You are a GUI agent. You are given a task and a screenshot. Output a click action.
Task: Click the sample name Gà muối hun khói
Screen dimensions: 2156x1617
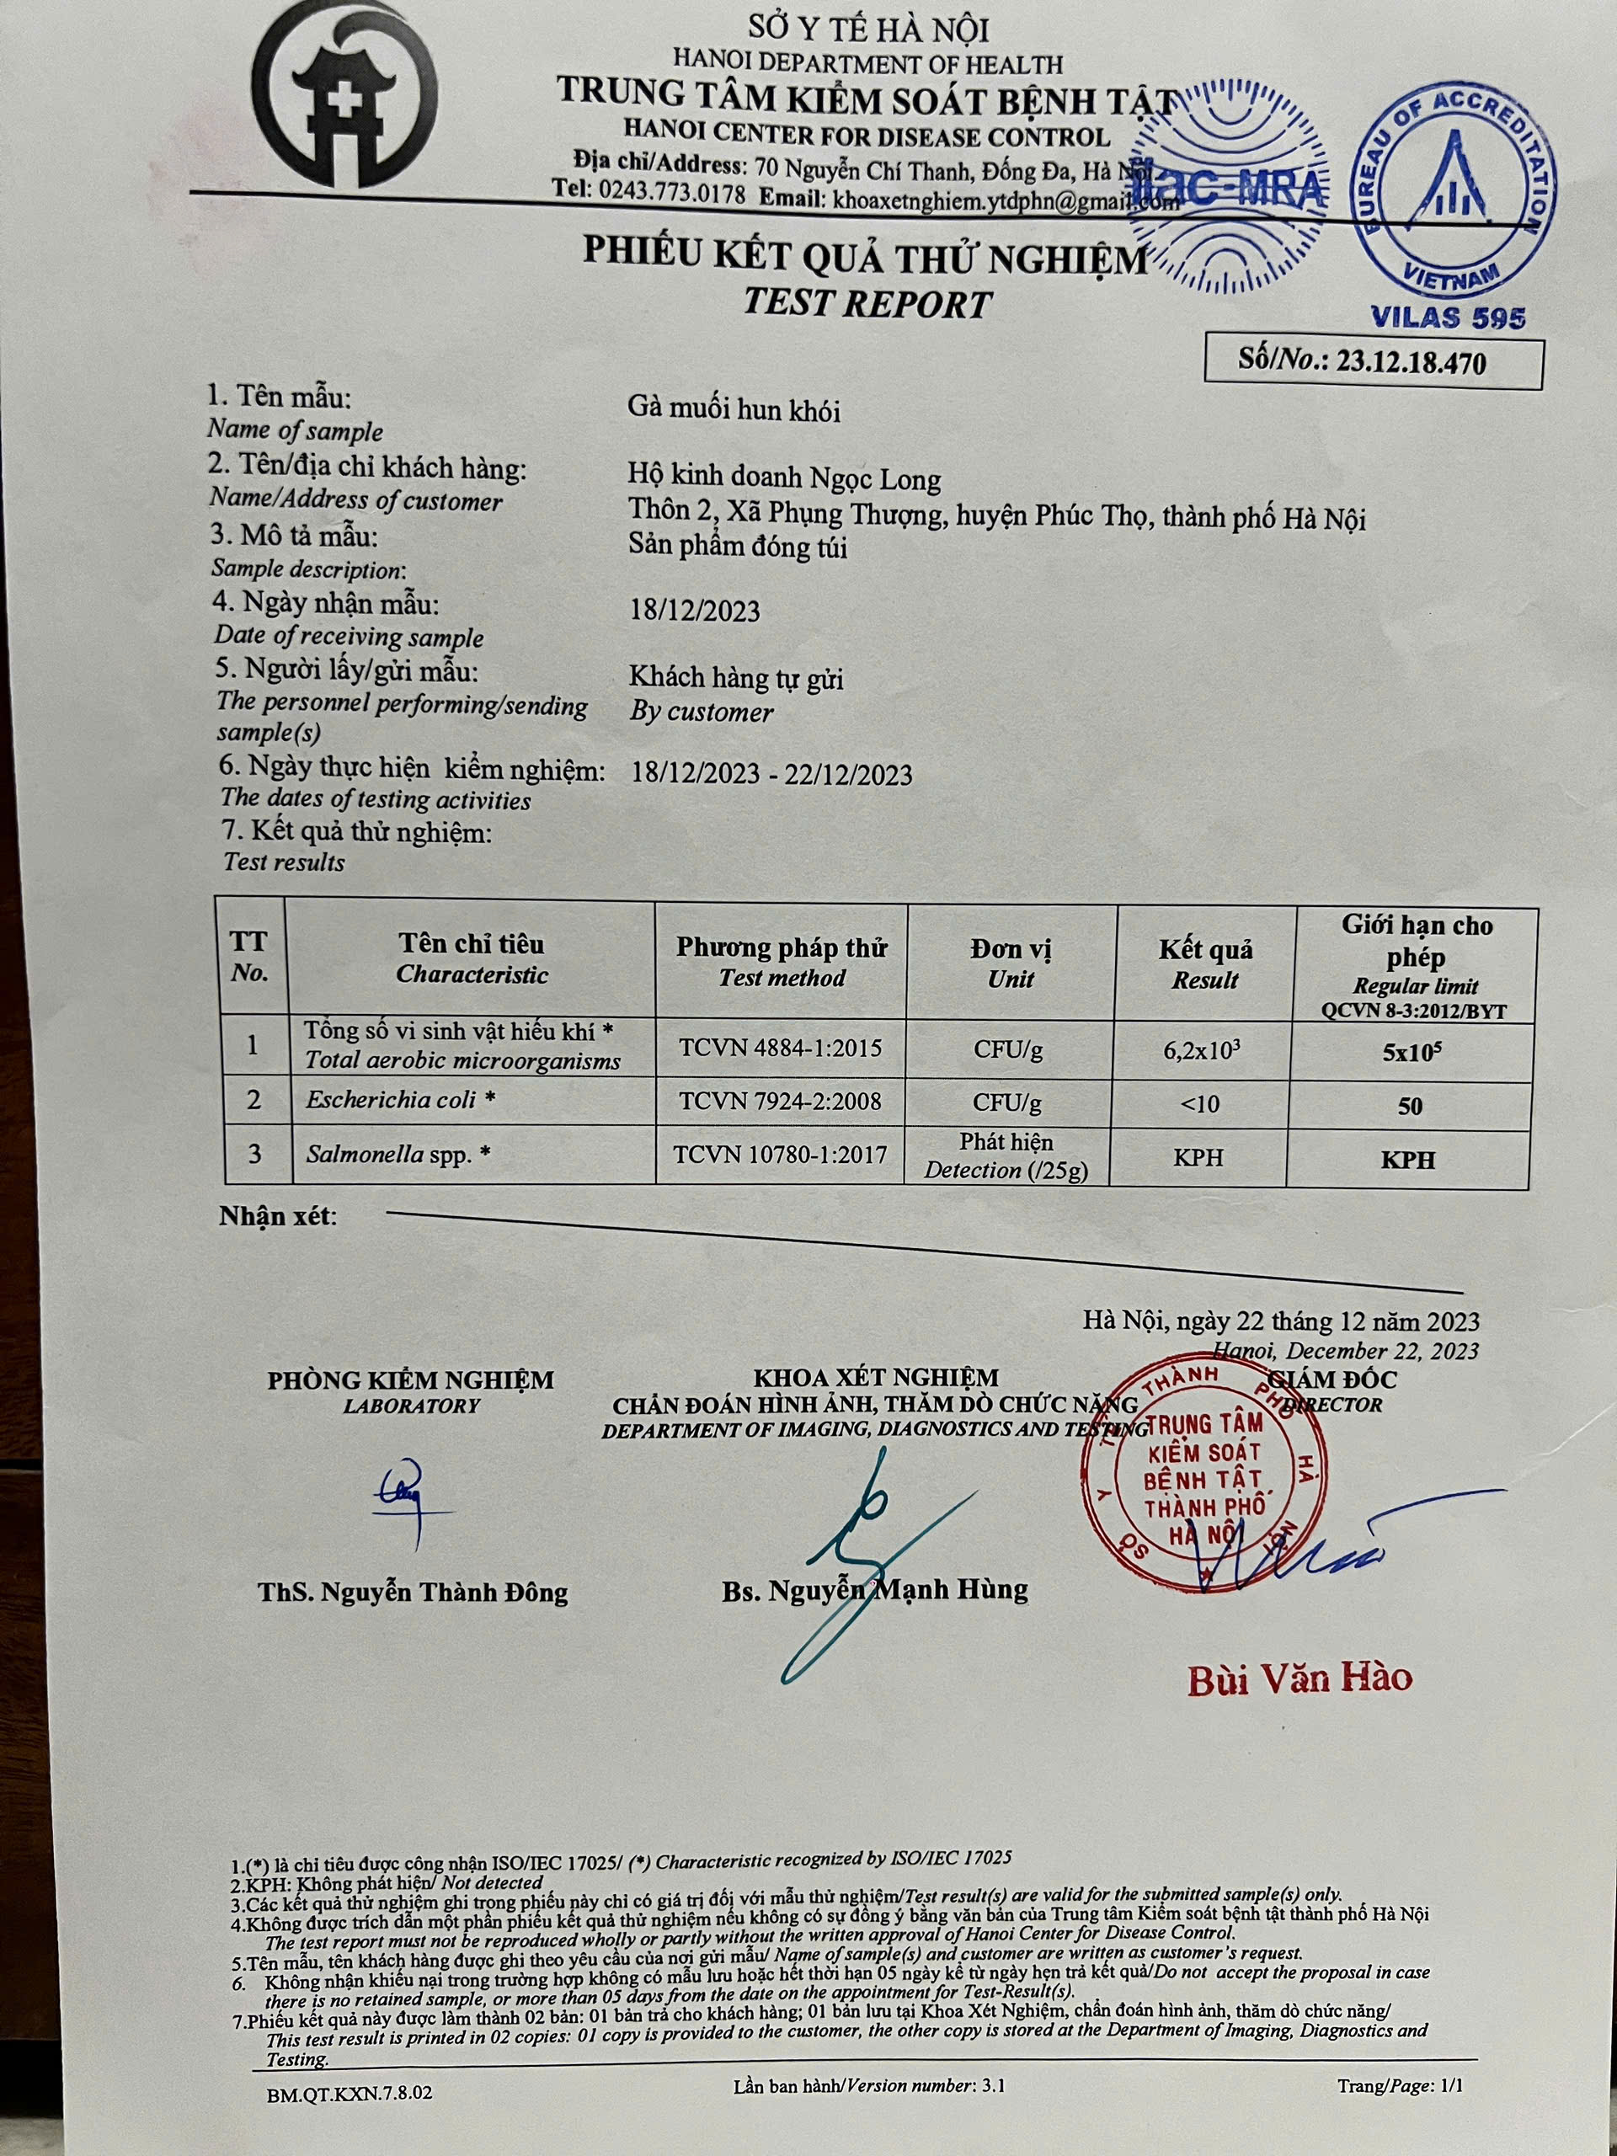point(733,409)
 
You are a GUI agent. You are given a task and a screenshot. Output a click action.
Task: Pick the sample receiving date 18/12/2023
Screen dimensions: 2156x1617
point(694,611)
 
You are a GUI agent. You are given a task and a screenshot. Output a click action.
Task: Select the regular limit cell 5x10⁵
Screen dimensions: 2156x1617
point(1412,1053)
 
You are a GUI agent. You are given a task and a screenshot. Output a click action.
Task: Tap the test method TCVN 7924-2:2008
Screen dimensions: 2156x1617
point(780,1102)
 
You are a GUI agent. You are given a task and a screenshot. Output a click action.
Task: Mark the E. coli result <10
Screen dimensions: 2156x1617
point(1200,1104)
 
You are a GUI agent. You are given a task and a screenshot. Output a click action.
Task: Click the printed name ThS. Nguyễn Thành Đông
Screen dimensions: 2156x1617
point(413,1593)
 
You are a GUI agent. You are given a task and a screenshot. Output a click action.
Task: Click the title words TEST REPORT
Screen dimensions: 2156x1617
point(867,304)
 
